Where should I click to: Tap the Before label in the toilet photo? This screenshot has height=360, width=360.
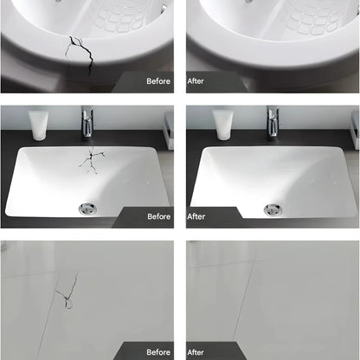pyautogui.click(x=158, y=81)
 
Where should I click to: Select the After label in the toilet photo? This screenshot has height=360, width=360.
pyautogui.click(x=196, y=81)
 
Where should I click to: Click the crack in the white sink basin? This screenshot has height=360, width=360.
pyautogui.click(x=92, y=161)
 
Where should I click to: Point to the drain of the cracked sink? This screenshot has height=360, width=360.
pyautogui.click(x=87, y=209)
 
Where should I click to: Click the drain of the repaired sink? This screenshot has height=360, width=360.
pyautogui.click(x=273, y=209)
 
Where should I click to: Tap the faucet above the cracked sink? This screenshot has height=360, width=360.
pyautogui.click(x=87, y=121)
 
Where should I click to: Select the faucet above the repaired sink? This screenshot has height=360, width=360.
pyautogui.click(x=273, y=121)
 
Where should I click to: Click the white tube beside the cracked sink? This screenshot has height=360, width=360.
pyautogui.click(x=38, y=125)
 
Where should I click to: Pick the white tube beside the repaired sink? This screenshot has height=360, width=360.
pyautogui.click(x=223, y=125)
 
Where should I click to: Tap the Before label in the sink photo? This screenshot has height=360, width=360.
pyautogui.click(x=159, y=216)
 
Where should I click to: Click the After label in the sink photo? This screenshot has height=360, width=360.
pyautogui.click(x=196, y=216)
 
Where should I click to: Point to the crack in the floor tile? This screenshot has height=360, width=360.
pyautogui.click(x=68, y=290)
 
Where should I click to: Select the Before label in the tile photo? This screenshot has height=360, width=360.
pyautogui.click(x=158, y=352)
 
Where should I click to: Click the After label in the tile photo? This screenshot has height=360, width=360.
pyautogui.click(x=196, y=352)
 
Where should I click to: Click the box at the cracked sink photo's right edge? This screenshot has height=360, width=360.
pyautogui.click(x=169, y=131)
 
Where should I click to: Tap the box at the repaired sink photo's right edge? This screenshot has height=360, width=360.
pyautogui.click(x=355, y=131)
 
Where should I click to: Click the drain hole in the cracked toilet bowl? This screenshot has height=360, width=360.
pyautogui.click(x=59, y=1)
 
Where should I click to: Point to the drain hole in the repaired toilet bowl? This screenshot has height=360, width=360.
pyautogui.click(x=248, y=1)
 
